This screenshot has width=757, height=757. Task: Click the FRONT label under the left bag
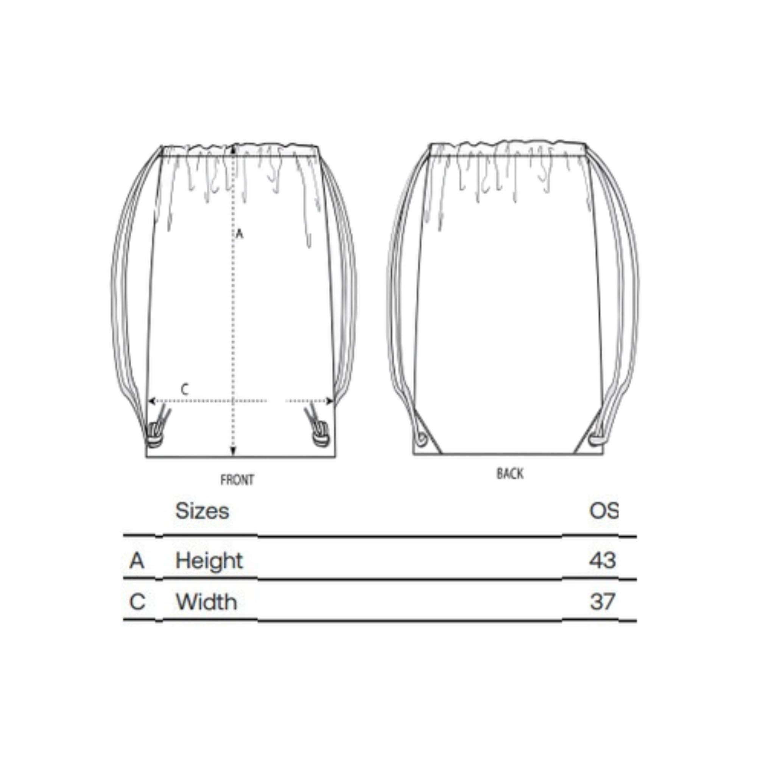pyautogui.click(x=237, y=480)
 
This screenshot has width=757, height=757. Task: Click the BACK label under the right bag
pyautogui.click(x=510, y=474)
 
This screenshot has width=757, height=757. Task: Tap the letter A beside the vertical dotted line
pyautogui.click(x=240, y=234)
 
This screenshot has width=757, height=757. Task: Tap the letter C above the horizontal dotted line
pyautogui.click(x=185, y=389)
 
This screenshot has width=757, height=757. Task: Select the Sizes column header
pyautogui.click(x=202, y=511)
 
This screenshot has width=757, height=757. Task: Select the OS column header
pyautogui.click(x=604, y=511)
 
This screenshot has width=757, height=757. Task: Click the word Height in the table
pyautogui.click(x=209, y=561)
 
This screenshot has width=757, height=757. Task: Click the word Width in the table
pyautogui.click(x=207, y=602)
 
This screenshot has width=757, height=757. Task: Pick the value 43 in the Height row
pyautogui.click(x=603, y=560)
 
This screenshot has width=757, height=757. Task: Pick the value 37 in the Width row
pyautogui.click(x=603, y=602)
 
